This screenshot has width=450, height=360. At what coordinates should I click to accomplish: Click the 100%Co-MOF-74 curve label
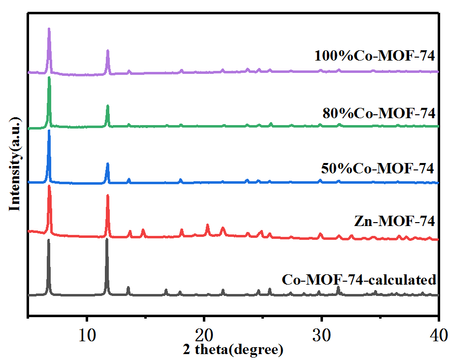coord(375,56)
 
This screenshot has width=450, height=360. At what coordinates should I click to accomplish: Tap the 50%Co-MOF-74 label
coord(378,168)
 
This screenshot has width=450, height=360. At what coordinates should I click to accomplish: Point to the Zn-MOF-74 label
coord(394,222)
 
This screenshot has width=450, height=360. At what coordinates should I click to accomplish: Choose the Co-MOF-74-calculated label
coord(359,280)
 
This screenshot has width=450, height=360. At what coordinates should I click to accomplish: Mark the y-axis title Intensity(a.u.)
coord(15,164)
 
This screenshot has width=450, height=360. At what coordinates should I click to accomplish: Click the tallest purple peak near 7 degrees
coord(49,30)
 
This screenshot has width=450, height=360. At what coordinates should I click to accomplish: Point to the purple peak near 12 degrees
coord(107,51)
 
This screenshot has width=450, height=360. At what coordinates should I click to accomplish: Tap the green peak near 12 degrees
coord(107,106)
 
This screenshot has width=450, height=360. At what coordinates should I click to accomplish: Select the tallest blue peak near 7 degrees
coord(49,132)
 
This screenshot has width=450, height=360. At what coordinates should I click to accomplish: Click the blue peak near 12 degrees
coord(107,164)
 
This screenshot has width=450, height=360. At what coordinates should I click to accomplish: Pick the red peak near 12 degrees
coord(107,196)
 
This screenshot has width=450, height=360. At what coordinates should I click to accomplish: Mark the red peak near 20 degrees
coord(207,225)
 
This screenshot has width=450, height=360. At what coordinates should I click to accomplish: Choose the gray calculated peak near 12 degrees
coord(107,240)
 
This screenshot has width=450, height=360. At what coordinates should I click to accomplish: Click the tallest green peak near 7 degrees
coord(49,78)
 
